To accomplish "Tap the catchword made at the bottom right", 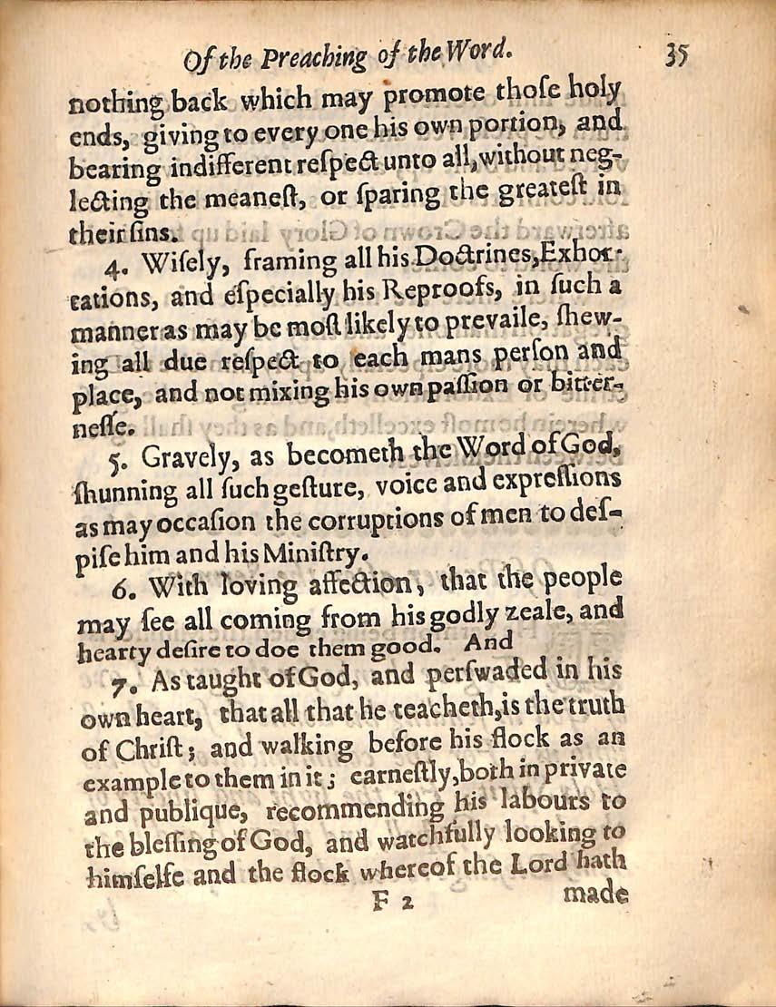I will pos(596,893).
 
